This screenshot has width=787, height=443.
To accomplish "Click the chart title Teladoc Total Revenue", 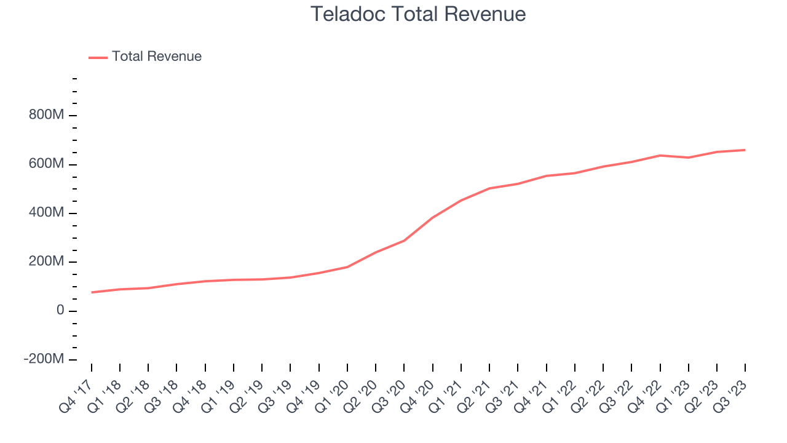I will point(418,14).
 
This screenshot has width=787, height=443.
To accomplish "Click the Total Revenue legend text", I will point(156,57).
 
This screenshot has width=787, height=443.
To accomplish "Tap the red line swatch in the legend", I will point(98,57).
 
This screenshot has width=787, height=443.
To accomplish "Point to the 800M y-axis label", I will point(46,116).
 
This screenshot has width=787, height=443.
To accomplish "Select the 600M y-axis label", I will point(46,164).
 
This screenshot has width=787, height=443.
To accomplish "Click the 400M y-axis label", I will point(46,213).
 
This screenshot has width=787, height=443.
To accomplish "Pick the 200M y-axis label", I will point(46,261).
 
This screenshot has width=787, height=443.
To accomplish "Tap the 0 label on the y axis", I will point(60,311).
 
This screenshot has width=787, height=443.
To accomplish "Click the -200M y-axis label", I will point(44,359).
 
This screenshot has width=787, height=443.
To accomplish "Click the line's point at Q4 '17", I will point(92,292).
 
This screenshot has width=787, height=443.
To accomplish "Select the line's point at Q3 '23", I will point(745,150).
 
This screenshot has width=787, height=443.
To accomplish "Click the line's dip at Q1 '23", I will point(689,158).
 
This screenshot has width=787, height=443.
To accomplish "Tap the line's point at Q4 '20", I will point(433,217).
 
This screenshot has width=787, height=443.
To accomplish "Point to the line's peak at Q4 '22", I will point(660,155).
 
